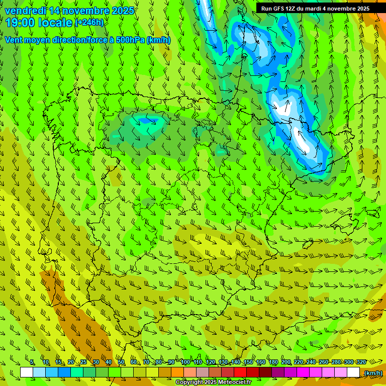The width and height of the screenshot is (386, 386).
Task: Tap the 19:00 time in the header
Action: pyautogui.click(x=20, y=23)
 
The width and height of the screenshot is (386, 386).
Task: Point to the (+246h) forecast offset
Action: pyautogui.click(x=89, y=23)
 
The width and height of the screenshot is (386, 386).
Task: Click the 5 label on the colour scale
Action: pyautogui.click(x=32, y=362)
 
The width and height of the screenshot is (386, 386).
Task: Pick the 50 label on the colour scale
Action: pyautogui.click(x=121, y=362)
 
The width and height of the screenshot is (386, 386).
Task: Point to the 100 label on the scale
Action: pyautogui.click(x=185, y=362)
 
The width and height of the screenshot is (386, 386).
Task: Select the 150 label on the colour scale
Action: pyautogui.click(x=248, y=362)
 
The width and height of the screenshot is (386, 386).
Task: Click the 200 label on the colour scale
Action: pyautogui.click(x=286, y=362)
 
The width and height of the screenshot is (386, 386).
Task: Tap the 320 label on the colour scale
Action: pyautogui.click(x=361, y=362)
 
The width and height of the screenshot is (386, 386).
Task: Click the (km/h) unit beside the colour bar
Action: pyautogui.click(x=373, y=373)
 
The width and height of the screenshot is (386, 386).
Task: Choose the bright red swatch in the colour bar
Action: pyautogui.click(x=240, y=372)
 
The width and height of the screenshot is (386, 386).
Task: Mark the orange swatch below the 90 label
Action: pyautogui.click(x=177, y=372)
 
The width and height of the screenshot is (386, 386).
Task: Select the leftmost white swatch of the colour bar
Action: pyautogui.click(x=27, y=372)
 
